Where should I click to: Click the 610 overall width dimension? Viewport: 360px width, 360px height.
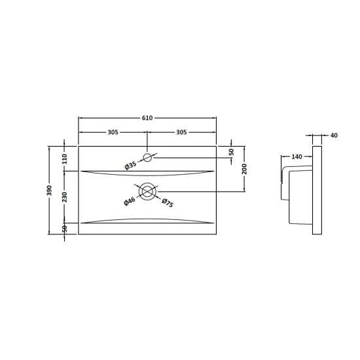coord(147,118)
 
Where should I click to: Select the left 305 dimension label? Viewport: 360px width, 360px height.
coord(113,132)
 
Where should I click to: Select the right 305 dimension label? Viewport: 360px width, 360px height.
coord(181,132)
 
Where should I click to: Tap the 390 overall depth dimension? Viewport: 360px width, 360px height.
coord(49,190)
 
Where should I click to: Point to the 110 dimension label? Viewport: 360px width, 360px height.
coord(64,159)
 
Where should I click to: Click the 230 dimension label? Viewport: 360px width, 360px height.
coord(64,197)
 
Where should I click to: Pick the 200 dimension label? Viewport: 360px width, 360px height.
coord(245,169)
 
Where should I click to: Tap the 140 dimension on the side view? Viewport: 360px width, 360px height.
coord(297,157)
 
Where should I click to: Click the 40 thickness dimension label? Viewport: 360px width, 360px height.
coord(334,135)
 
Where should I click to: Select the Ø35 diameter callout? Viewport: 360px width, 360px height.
coord(131,166)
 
